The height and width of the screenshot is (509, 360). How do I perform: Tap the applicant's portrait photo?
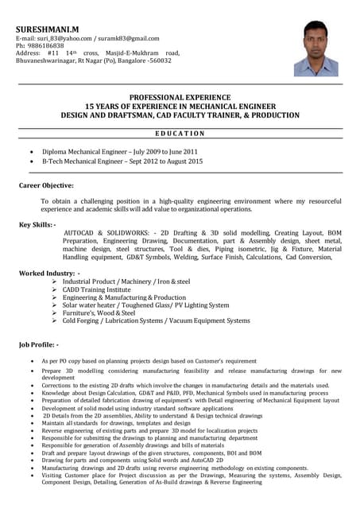pos(315,49)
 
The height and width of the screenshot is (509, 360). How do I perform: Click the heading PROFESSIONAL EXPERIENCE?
pos(180,95)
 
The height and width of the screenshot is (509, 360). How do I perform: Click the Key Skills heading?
pos(37,224)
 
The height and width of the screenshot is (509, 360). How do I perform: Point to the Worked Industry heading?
pos(48,273)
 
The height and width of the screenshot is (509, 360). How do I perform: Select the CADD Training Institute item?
pos(108,289)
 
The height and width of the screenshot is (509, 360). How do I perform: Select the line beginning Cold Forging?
pos(156,321)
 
